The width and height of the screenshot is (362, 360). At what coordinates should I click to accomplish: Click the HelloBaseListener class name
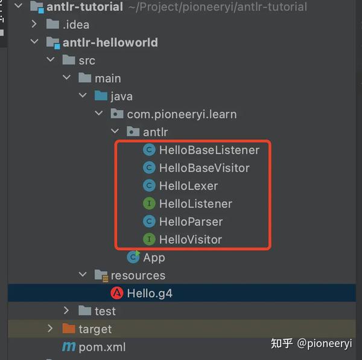pos(209,150)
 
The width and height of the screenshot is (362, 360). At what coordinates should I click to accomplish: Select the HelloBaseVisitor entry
pos(205,168)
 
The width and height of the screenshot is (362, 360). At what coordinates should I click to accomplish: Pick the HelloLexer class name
pos(188,186)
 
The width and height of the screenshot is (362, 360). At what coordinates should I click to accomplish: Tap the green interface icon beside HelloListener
pos(149,204)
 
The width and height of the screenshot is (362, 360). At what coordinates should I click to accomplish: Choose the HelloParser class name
pos(191,222)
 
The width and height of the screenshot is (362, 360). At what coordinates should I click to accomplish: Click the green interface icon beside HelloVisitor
pos(149,239)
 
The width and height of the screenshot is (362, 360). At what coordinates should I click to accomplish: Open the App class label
pos(154,258)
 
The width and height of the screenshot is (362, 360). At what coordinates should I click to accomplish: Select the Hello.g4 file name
pos(150,294)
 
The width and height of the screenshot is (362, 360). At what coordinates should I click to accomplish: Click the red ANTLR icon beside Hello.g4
pos(117,293)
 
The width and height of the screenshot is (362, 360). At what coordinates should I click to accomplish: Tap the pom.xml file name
pos(102,347)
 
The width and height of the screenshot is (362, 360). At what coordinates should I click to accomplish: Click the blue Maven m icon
pos(69,347)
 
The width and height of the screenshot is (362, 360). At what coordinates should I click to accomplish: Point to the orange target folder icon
pos(69,329)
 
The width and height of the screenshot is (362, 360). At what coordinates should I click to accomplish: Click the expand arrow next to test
pos(66,310)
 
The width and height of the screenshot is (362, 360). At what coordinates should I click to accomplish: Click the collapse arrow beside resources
pos(83,274)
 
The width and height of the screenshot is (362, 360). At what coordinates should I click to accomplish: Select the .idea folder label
pos(76,25)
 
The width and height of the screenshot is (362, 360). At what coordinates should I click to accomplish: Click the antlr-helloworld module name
pos(110,42)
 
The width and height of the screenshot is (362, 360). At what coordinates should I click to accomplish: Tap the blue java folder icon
pos(101,95)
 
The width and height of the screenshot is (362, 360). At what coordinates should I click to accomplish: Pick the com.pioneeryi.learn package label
pos(182,115)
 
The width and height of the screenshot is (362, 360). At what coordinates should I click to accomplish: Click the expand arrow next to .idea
pos(34,24)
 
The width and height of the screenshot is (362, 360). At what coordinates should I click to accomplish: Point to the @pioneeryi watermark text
pos(325,344)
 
